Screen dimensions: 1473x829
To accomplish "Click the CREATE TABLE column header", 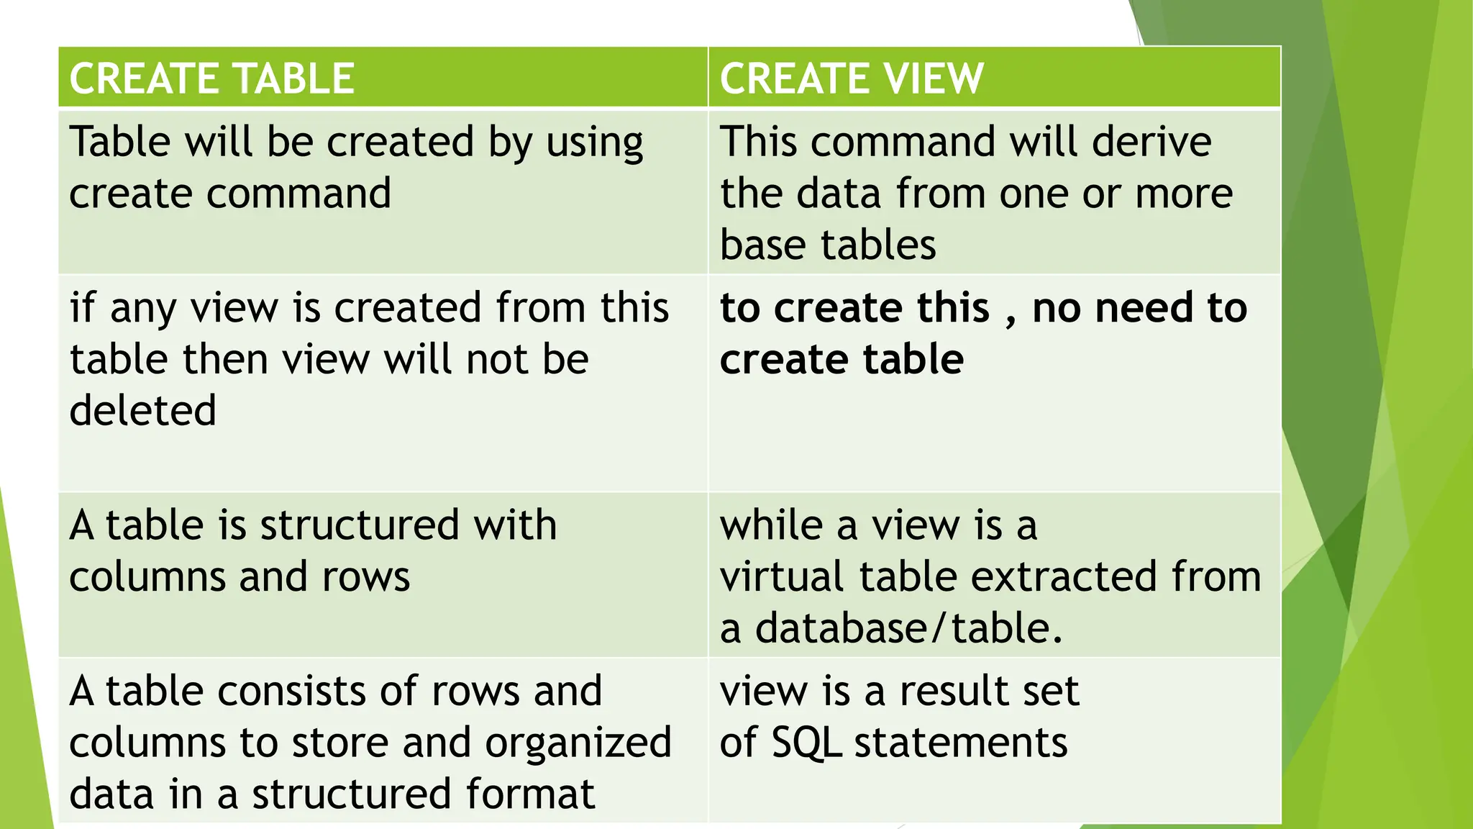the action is [212, 78].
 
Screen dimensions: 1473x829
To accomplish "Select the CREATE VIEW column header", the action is [852, 78].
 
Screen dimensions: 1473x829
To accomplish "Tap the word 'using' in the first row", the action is [594, 142].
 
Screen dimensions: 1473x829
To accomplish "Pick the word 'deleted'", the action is [143, 411].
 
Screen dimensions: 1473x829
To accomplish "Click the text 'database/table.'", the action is [908, 628].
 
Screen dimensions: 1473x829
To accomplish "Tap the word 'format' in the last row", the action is [530, 794].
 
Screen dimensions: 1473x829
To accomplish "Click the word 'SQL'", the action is [806, 743].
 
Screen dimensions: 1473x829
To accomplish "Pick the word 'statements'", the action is [961, 743].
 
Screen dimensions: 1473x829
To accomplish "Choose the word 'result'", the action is [948, 691].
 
